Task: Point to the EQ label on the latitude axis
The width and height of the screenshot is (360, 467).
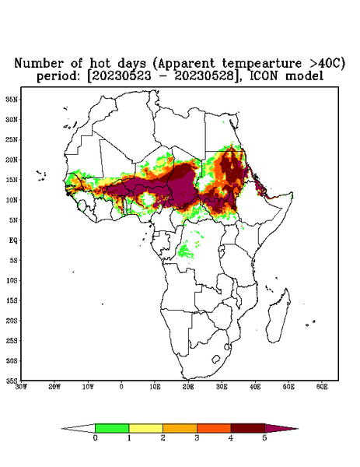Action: (13, 240)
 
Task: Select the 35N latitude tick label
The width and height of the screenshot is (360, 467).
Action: (12, 99)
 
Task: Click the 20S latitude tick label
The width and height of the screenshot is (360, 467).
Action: (12, 321)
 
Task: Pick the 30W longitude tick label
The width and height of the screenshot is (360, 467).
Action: (21, 387)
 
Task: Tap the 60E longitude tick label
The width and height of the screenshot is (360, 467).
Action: (322, 387)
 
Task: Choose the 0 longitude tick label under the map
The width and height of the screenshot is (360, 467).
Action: (121, 387)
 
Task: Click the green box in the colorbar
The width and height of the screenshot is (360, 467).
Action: (112, 428)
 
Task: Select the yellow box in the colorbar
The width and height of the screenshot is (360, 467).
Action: (145, 428)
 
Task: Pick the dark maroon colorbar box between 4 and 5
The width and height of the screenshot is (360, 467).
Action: (248, 428)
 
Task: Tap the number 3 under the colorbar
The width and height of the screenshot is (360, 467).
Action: (197, 438)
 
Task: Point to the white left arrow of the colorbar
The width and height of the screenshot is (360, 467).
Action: (78, 429)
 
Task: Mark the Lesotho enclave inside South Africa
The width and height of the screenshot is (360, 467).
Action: (216, 359)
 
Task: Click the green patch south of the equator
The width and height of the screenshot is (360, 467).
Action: (185, 251)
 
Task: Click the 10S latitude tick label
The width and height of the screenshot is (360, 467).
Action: (12, 280)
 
